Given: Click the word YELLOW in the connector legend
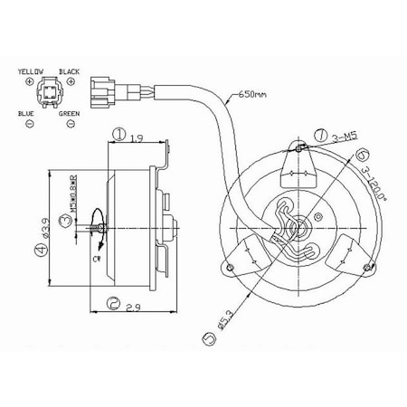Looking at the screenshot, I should (32, 70).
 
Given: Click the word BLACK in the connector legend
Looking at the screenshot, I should (69, 70).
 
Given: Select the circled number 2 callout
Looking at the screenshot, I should (113, 303).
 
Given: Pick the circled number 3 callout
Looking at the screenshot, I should (64, 220).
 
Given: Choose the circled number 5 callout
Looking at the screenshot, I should (210, 339).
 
